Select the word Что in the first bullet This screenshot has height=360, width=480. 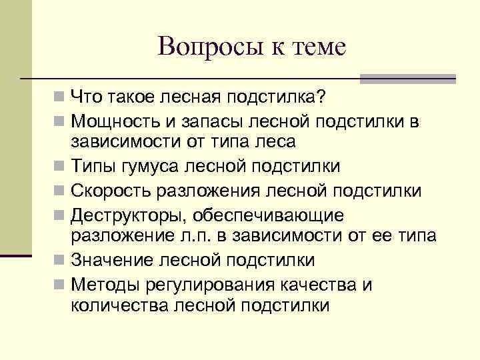(x=85, y=98)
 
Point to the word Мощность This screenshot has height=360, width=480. (x=108, y=121)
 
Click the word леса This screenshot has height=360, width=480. (x=277, y=142)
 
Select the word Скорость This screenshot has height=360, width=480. (x=111, y=191)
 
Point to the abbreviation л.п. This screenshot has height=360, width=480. (x=203, y=236)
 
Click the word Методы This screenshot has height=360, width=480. (x=102, y=285)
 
